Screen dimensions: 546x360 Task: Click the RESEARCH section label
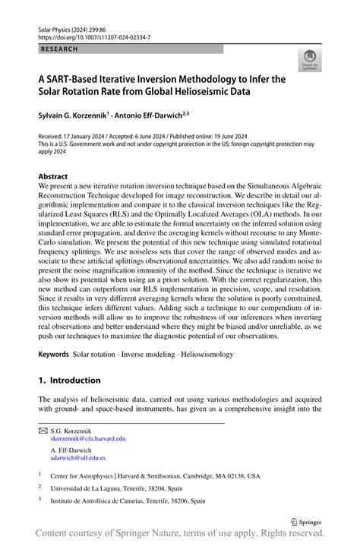click(58, 49)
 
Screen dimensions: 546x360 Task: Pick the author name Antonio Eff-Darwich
click(156, 115)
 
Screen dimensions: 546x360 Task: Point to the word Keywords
click(53, 354)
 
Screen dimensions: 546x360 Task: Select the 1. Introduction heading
click(69, 380)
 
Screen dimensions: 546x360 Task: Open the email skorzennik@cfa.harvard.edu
click(88, 438)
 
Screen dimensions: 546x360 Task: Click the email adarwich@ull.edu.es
click(78, 458)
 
